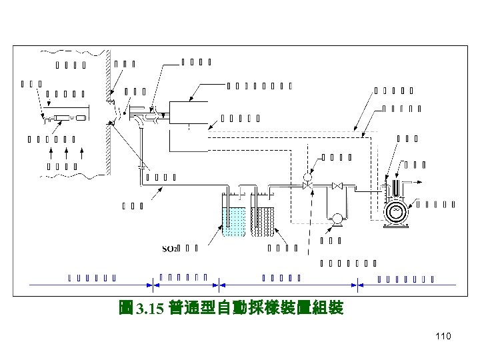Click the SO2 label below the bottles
tap(171, 249)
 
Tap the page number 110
tap(442, 336)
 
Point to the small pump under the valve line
tap(337, 217)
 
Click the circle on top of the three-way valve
tap(307, 177)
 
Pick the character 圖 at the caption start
tap(125, 309)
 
